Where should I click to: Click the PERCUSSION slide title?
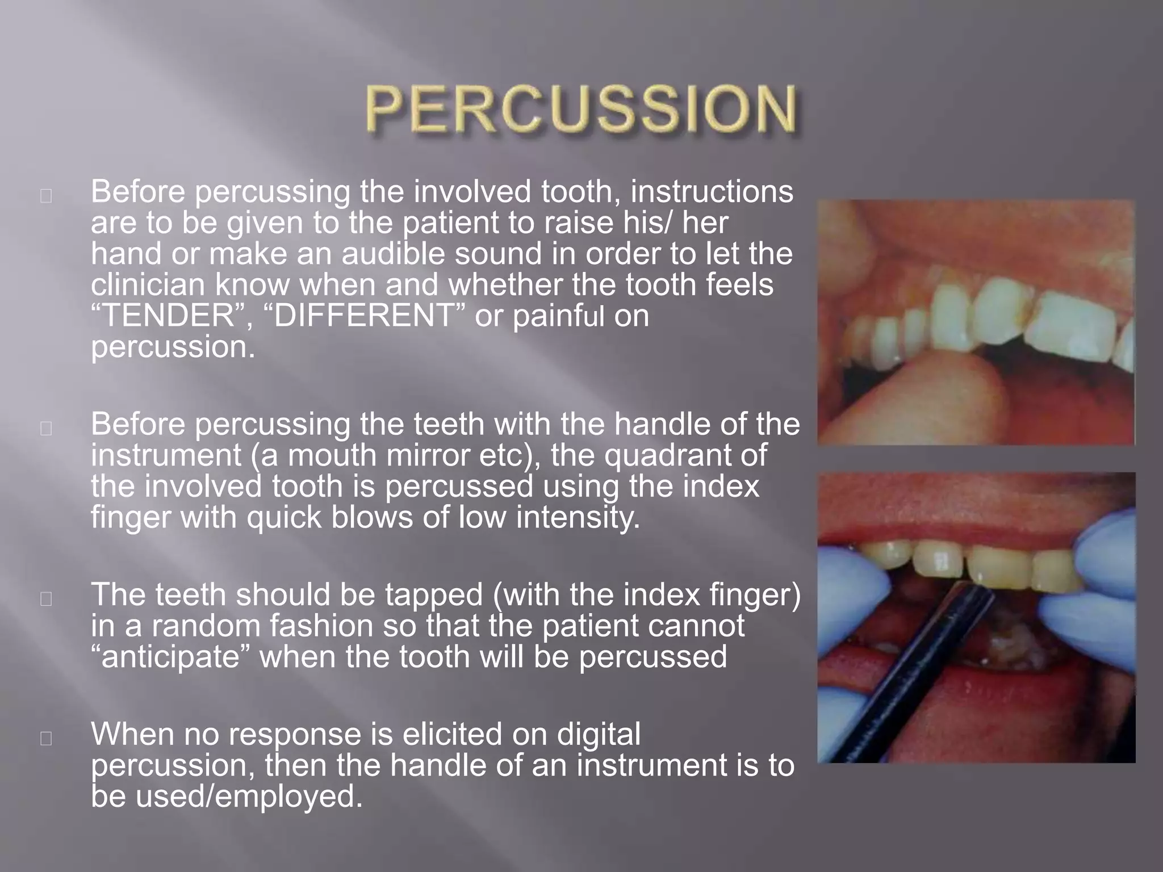tap(580, 109)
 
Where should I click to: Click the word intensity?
tap(578, 517)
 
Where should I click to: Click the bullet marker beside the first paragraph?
tap(47, 196)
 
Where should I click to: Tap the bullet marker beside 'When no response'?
tap(47, 738)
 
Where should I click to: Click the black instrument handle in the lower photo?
tap(920, 670)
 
